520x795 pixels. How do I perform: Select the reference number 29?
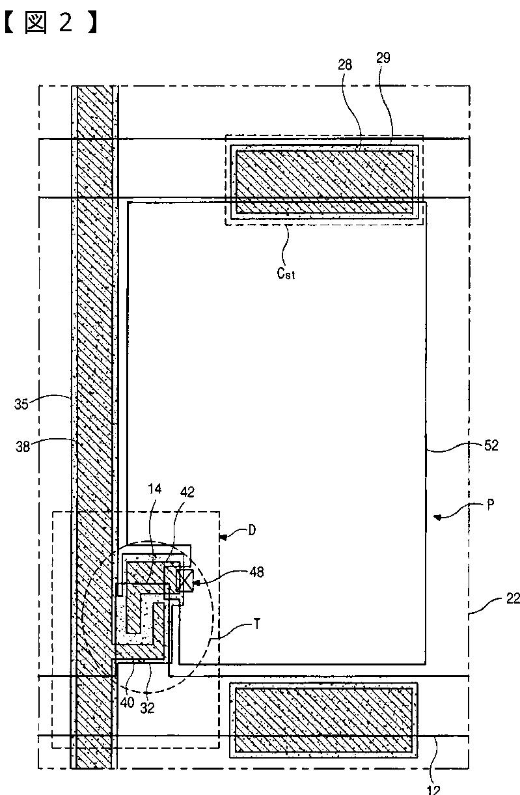(384, 59)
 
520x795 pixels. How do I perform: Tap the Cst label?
(286, 273)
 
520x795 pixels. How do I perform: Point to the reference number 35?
(22, 404)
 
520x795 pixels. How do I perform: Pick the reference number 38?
(22, 447)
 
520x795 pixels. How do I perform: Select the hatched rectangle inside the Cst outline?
(324, 181)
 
